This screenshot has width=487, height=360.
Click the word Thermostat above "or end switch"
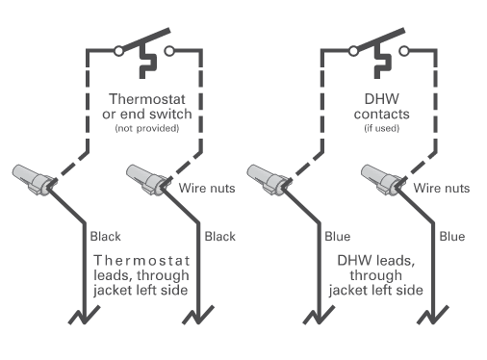(x=147, y=99)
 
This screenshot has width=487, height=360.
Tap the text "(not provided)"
(x=147, y=128)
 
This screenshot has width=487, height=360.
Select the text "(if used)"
(x=382, y=128)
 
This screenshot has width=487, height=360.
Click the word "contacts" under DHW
(x=382, y=115)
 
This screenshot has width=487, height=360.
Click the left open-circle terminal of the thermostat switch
(x=118, y=51)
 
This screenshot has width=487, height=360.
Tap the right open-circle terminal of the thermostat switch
(x=169, y=51)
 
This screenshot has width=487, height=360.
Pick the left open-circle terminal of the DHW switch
(x=353, y=51)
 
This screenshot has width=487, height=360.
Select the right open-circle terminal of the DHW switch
(x=404, y=51)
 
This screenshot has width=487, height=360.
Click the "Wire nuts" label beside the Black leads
(x=207, y=188)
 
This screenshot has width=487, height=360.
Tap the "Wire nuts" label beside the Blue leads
(x=442, y=188)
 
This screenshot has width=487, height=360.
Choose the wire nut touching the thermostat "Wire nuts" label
(x=146, y=179)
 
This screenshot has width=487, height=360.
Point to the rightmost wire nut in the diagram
(x=381, y=179)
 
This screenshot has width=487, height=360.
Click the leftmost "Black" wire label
(x=106, y=237)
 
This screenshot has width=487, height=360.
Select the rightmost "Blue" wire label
(x=452, y=237)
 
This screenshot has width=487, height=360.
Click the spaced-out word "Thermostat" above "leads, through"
(x=141, y=261)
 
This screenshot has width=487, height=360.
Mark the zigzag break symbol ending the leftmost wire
(x=84, y=315)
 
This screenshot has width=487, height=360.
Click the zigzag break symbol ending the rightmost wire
(x=433, y=315)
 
